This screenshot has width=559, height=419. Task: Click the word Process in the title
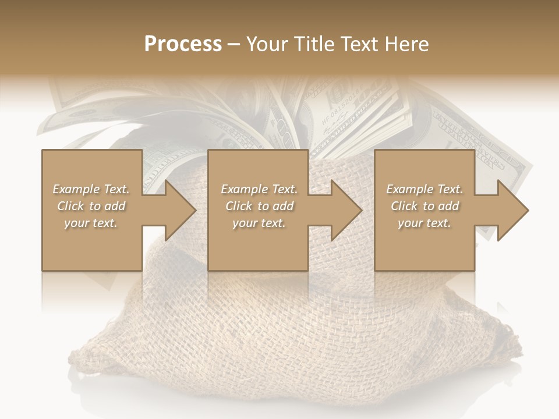click(183, 44)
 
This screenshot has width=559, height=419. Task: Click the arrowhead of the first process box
click(180, 210)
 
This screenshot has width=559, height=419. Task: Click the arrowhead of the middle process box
click(346, 210)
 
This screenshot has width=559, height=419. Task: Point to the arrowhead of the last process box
click(513, 210)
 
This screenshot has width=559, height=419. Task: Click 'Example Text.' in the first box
click(91, 189)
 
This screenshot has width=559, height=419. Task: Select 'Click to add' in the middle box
click(259, 206)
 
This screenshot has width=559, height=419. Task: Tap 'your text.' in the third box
click(424, 223)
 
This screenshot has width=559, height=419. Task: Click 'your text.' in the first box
click(91, 223)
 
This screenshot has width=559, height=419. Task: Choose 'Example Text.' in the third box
click(424, 189)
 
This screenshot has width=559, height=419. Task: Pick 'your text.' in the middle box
click(259, 223)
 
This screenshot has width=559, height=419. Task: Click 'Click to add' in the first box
click(91, 206)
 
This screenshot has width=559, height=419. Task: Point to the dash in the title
click(234, 44)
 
